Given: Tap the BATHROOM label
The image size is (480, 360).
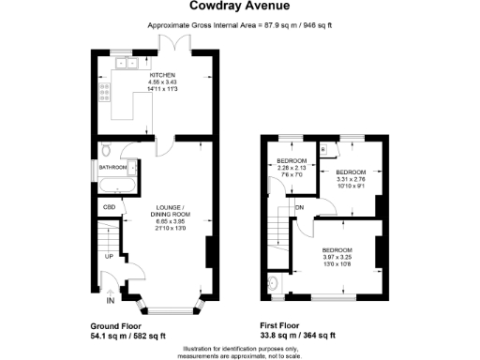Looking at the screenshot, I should point(114,169).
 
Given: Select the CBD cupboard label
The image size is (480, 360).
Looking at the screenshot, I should point(108,206).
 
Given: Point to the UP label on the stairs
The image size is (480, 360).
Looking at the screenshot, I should point(108,255).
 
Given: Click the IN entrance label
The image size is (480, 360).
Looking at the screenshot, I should point(110,300).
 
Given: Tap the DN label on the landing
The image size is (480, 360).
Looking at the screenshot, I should point(300,207).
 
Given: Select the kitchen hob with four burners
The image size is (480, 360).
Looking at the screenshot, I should point(103,92).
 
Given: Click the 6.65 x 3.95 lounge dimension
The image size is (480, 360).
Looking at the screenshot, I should point(171,221).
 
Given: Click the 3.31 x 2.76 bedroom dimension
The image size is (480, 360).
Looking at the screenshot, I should point(351,180).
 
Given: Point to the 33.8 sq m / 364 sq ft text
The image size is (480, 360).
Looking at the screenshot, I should point(296,336).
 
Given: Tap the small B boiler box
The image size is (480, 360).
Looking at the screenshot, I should point(322,150).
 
